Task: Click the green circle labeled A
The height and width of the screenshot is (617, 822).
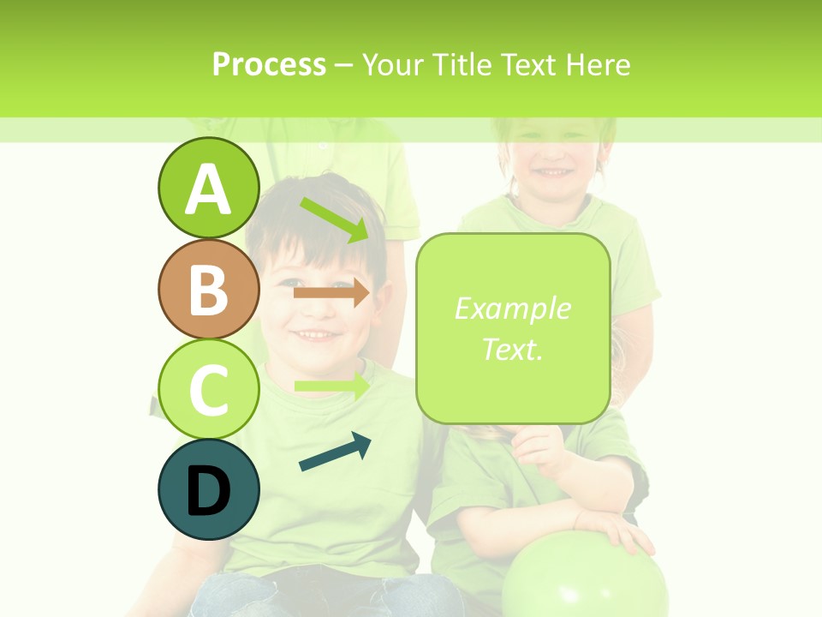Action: coord(208,188)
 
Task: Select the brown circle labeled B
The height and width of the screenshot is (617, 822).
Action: coord(208,289)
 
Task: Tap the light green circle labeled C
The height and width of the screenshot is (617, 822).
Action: coord(208,389)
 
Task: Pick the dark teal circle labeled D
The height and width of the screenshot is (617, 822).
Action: coord(208,489)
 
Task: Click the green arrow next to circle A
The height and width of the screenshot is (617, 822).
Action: coord(334,220)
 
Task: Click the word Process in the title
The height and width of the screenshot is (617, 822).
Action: coord(269,64)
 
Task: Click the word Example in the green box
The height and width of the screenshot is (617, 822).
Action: coord(512,308)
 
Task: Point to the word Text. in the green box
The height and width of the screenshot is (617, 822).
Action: coord(512,349)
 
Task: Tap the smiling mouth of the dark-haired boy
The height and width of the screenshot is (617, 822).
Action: coord(317,333)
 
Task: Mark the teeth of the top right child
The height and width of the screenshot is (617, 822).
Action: coord(551,172)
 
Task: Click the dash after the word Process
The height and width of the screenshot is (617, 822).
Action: coord(343,65)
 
